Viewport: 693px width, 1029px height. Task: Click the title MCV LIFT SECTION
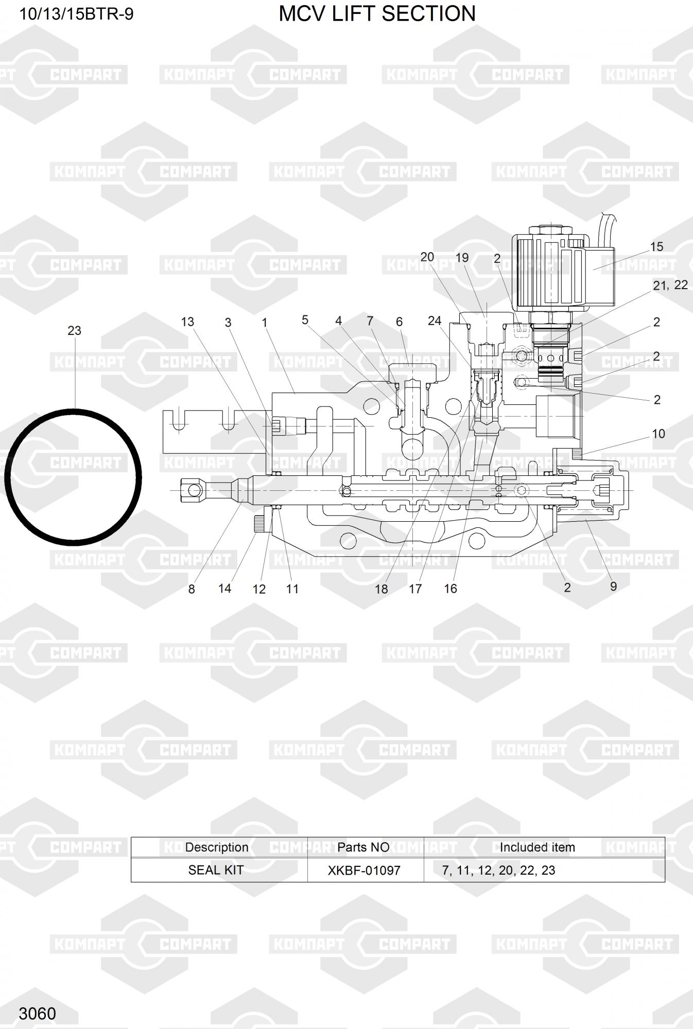tap(377, 14)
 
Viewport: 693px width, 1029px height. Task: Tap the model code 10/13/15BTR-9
tap(76, 14)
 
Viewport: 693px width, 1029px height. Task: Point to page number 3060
tap(37, 1014)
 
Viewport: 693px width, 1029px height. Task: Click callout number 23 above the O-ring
tap(75, 331)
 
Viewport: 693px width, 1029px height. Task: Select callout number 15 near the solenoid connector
tap(656, 247)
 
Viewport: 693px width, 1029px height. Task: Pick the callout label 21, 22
tap(670, 285)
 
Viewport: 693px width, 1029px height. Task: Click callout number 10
tap(659, 434)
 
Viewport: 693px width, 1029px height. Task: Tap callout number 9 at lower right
tap(613, 587)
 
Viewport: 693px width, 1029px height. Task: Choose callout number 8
tap(192, 589)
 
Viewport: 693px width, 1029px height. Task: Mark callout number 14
tap(225, 589)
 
